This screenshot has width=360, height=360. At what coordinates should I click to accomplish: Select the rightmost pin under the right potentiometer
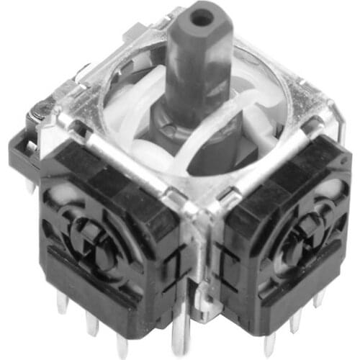[318, 298]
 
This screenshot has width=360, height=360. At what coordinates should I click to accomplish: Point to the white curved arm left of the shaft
[141, 108]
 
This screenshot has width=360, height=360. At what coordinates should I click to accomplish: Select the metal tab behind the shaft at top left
[141, 32]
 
